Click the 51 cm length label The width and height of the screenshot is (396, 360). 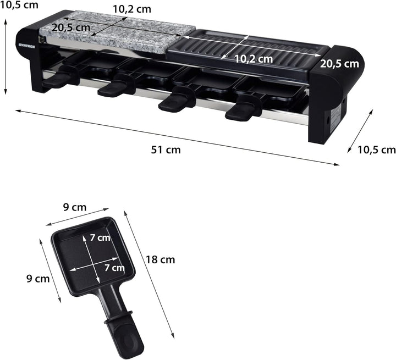(x=166, y=149)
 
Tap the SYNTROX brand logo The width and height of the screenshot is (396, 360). (x=27, y=46)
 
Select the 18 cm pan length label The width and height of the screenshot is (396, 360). (x=160, y=259)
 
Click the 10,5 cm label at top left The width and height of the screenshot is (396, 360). (x=19, y=5)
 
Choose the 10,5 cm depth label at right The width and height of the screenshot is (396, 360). (x=377, y=149)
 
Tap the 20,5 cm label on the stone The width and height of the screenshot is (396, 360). (x=71, y=27)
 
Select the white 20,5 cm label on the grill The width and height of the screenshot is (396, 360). (x=339, y=64)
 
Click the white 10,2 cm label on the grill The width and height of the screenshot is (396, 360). (x=254, y=59)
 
